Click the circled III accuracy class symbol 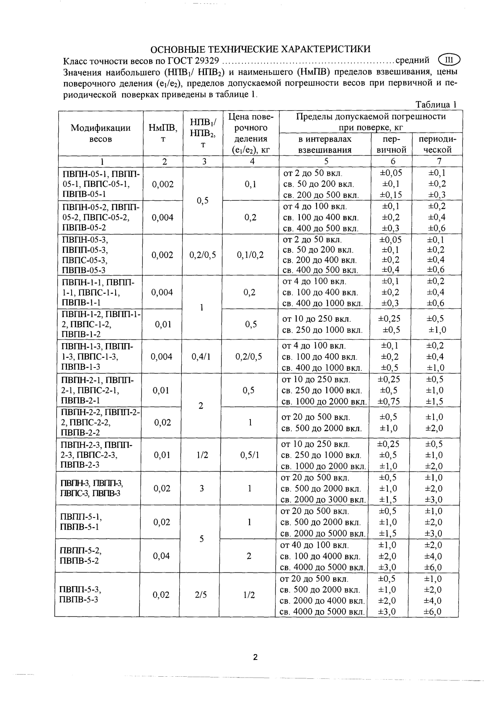click(x=449, y=60)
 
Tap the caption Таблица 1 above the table click(x=436, y=105)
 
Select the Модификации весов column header click(x=101, y=133)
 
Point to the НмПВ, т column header click(x=163, y=133)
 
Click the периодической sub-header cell click(x=437, y=144)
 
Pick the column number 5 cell click(x=325, y=161)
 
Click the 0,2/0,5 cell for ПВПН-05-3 click(x=203, y=255)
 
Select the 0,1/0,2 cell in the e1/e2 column click(x=250, y=255)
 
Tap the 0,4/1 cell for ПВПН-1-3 click(x=201, y=357)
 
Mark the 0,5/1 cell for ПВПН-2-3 click(x=250, y=455)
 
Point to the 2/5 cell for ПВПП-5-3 click(x=201, y=595)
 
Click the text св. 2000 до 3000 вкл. click(x=323, y=499)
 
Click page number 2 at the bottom click(x=255, y=657)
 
